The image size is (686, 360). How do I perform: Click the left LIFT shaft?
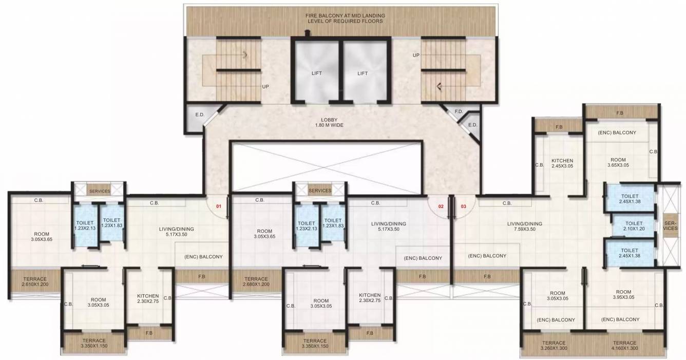tap(316, 73)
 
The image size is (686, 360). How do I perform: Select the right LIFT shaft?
tap(363, 73)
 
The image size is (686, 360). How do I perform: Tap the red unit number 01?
tap(218, 206)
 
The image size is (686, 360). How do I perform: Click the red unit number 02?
tap(440, 206)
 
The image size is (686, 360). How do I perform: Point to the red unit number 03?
tap(463, 206)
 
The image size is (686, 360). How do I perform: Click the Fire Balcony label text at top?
tap(345, 18)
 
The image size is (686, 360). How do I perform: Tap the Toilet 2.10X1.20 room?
tap(633, 226)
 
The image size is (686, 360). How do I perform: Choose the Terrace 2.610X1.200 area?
tap(34, 281)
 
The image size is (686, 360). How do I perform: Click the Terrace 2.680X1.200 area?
tap(255, 281)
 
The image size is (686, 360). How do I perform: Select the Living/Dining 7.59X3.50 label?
tap(524, 226)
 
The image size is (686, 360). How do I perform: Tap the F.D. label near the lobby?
tap(459, 111)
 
